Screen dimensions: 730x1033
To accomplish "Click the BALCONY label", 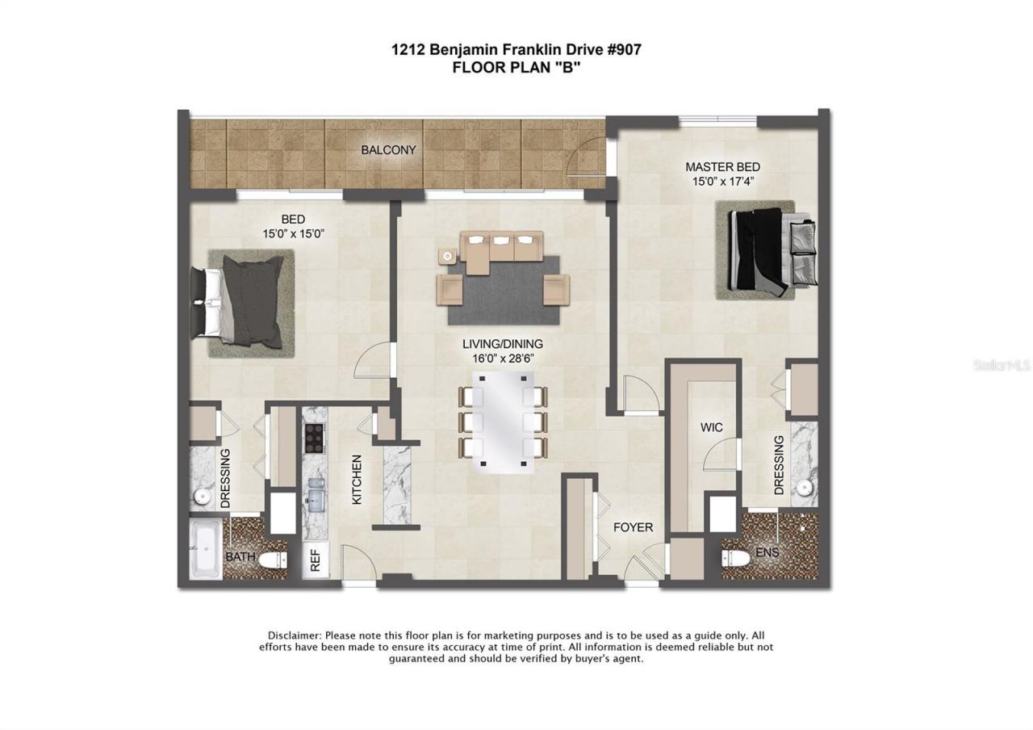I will tap(388, 150).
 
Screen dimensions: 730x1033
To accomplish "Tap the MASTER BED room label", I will tap(722, 167).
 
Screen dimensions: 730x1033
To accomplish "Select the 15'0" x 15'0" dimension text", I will tap(293, 233).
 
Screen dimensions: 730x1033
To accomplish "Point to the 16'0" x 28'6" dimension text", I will tap(508, 358).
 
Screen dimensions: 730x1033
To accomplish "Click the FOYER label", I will tap(632, 527).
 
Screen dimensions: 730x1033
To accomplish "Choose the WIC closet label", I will tap(711, 427).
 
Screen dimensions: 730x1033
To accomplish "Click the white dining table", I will tap(502, 422).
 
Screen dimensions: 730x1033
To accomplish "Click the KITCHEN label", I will tap(356, 480).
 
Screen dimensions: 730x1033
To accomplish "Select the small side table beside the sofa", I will tap(447, 256).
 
